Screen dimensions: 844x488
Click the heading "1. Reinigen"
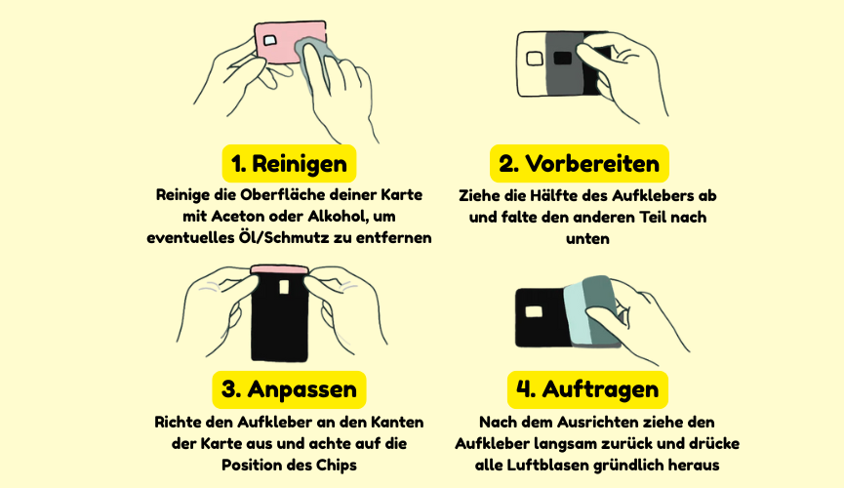pos(289,164)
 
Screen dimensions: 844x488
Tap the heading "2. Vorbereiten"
pos(580,164)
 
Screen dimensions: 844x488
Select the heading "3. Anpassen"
pos(289,389)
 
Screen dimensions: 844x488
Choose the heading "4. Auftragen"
pos(587,389)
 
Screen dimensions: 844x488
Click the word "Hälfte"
pos(555,195)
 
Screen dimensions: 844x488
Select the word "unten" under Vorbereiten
pos(587,238)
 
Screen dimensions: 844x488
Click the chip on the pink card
pos(269,40)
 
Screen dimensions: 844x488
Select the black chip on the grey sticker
pos(562,58)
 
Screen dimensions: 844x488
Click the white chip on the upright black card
pos(284,287)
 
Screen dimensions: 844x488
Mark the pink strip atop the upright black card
pos(279,269)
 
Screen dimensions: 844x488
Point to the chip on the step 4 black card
pos(534,311)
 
